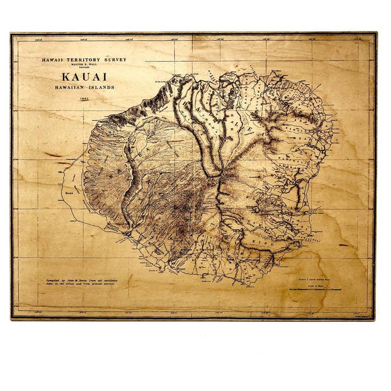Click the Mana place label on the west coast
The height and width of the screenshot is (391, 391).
[x=70, y=191]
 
